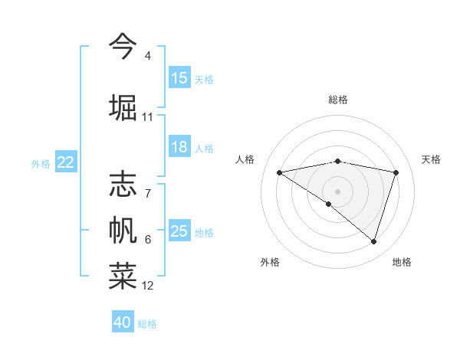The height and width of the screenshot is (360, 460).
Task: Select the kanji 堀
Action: (123, 107)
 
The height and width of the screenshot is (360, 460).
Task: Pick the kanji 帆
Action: (123, 230)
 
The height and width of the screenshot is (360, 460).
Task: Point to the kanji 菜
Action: (123, 277)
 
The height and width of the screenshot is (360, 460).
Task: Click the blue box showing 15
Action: (179, 78)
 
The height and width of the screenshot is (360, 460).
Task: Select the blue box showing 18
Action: (179, 147)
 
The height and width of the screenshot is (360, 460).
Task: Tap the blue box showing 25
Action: (179, 231)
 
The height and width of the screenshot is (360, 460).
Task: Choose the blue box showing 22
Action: (66, 162)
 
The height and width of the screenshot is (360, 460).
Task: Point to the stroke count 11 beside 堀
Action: (148, 117)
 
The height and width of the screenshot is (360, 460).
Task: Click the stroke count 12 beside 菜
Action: (148, 286)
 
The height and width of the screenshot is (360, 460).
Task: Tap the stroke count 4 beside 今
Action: (148, 56)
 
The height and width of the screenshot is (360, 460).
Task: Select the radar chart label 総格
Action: (338, 100)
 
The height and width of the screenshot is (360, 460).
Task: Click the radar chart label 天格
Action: (432, 159)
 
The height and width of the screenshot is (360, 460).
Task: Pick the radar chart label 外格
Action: (270, 262)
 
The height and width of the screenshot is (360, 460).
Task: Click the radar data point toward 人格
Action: (280, 172)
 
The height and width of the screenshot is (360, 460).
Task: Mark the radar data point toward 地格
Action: (373, 241)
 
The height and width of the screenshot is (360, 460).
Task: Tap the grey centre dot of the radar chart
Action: (337, 191)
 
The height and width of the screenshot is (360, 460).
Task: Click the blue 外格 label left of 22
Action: (41, 163)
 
